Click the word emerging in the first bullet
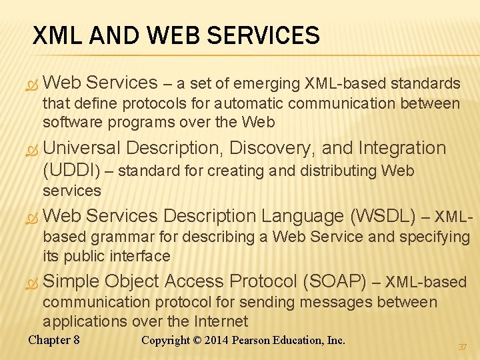click(x=267, y=84)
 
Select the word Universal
click(x=81, y=148)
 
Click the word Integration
click(x=402, y=148)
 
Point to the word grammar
click(x=115, y=237)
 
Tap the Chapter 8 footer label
click(x=54, y=340)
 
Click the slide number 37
click(x=462, y=347)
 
